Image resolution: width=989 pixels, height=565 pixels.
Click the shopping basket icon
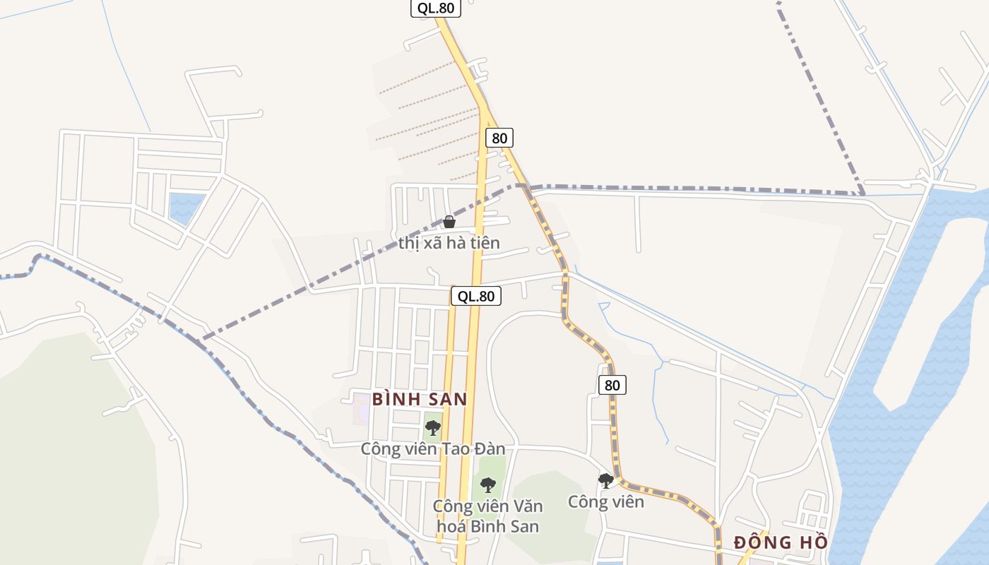tap(449, 222)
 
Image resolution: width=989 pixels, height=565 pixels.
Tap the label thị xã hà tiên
tap(449, 243)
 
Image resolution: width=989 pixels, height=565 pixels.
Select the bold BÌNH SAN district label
tap(420, 400)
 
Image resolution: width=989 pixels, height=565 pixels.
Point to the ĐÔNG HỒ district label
tap(781, 543)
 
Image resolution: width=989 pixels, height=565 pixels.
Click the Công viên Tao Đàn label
tap(433, 449)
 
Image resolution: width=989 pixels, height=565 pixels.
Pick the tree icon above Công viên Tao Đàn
tap(432, 427)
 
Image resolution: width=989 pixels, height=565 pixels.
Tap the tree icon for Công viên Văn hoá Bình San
tap(487, 485)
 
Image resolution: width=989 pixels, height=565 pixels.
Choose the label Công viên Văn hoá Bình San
tap(487, 516)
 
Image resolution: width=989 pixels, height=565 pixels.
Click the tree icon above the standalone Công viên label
tap(605, 481)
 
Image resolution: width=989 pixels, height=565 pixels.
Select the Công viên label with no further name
tap(606, 502)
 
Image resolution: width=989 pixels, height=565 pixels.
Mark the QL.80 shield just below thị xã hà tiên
tap(476, 297)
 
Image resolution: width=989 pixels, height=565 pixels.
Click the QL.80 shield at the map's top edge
tap(436, 8)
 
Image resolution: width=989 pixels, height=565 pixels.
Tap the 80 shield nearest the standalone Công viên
tap(612, 385)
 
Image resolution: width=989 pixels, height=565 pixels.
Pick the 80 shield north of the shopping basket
tap(499, 138)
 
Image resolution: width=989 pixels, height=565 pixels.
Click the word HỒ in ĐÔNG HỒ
tap(811, 543)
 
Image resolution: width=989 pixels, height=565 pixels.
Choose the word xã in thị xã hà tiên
tap(432, 243)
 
